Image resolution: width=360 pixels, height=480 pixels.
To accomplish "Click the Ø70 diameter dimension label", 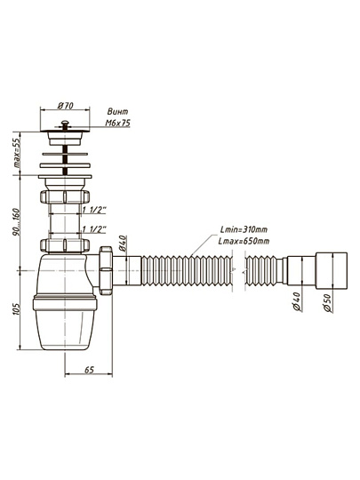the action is pyautogui.click(x=66, y=106).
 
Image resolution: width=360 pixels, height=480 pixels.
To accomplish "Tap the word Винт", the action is pyautogui.click(x=118, y=112).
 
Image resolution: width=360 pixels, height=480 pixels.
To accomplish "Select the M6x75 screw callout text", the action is pyautogui.click(x=118, y=123).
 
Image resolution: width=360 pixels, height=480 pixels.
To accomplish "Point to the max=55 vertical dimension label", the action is pyautogui.click(x=16, y=153).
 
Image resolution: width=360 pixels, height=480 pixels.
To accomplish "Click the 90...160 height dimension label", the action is pyautogui.click(x=16, y=222).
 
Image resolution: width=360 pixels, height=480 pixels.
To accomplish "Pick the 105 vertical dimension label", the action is pyautogui.click(x=16, y=309).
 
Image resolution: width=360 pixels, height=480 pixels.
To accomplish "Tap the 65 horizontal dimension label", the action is pyautogui.click(x=89, y=370).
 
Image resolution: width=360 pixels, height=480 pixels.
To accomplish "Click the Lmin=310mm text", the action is pyautogui.click(x=244, y=229).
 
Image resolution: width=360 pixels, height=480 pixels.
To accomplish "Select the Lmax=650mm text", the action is pyautogui.click(x=244, y=241).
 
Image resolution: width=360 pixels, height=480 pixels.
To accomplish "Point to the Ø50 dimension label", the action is pyautogui.click(x=327, y=303).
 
